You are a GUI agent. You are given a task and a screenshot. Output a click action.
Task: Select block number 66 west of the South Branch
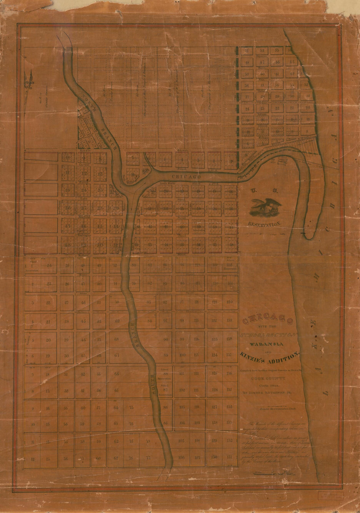117,374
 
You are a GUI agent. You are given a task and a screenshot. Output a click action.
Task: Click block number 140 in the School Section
230,302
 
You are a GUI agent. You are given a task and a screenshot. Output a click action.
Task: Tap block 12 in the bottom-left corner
32,459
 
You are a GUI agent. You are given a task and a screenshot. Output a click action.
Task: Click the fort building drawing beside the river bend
281,161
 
